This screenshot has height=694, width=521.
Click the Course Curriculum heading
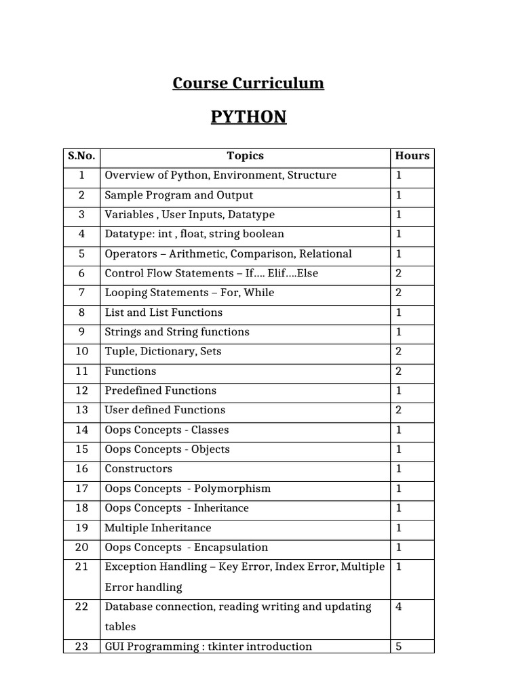pos(248,83)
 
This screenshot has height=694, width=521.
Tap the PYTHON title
pos(248,117)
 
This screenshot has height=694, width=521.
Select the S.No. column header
pos(81,156)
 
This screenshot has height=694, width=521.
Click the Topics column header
pos(245,156)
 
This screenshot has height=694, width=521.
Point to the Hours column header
pos(412,156)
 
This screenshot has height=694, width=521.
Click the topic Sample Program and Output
pos(178,195)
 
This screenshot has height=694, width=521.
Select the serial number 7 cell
pos(81,293)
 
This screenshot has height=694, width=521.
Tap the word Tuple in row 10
pos(119,351)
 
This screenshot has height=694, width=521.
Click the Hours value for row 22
pos(399,607)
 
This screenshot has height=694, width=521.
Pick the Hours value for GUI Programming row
pos(399,646)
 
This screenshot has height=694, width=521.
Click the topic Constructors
pos(138,468)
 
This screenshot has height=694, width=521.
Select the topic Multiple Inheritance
pos(157,527)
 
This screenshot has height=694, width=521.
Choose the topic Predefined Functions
pos(160,390)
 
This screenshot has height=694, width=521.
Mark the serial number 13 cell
pos(81,410)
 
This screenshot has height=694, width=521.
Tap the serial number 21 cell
pos(81,567)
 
